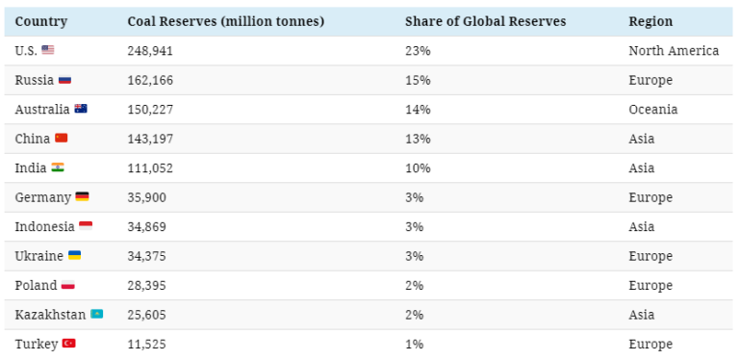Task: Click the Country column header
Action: (x=41, y=21)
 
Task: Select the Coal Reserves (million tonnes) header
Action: (x=225, y=21)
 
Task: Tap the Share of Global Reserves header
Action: (x=485, y=21)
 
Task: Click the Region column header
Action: (x=650, y=21)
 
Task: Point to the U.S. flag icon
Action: (x=47, y=50)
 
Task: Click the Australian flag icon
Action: (x=81, y=109)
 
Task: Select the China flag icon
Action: (x=61, y=139)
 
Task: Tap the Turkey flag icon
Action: (x=68, y=344)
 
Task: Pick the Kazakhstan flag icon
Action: (x=96, y=315)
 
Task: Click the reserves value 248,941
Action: (x=150, y=51)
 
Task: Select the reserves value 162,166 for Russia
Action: (x=150, y=80)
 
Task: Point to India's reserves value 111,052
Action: (x=150, y=168)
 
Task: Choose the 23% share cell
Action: (x=418, y=51)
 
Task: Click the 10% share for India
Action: (x=418, y=168)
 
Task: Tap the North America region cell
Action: (x=674, y=51)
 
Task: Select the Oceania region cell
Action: (x=653, y=110)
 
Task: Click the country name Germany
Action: (x=43, y=197)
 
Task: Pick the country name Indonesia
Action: (x=44, y=227)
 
